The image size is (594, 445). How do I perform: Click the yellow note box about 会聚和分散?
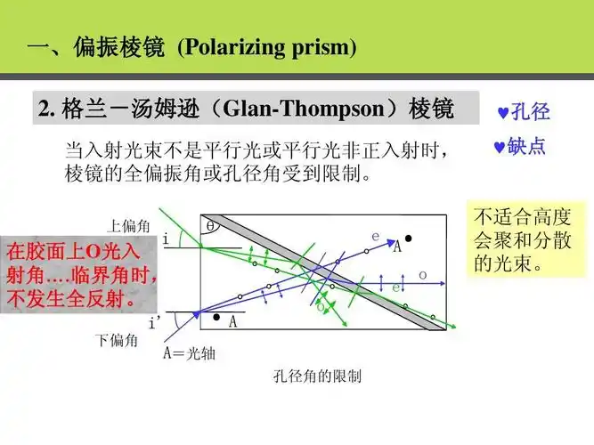[525, 239]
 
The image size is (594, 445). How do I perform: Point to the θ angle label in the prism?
[210, 226]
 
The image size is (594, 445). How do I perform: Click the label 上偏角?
[126, 226]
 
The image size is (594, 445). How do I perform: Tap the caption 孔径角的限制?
[318, 376]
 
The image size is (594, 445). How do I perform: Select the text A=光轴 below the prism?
[189, 352]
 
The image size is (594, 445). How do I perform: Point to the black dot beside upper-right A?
[408, 239]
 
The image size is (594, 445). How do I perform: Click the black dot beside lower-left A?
[216, 317]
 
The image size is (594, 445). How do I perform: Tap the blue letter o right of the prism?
[422, 273]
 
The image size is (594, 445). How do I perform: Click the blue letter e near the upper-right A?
[375, 236]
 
